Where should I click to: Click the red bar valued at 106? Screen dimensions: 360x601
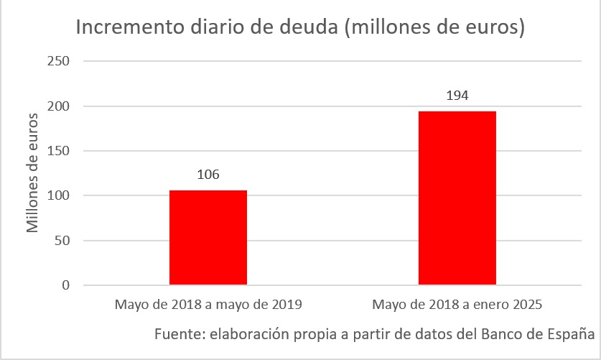click(x=208, y=237)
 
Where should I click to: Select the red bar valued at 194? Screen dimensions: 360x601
click(x=457, y=198)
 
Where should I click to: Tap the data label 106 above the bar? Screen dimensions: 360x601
click(x=208, y=175)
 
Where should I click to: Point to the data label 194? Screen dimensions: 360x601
click(x=457, y=95)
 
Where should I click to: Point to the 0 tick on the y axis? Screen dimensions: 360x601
click(x=65, y=285)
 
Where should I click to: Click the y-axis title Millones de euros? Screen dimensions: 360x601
click(x=32, y=172)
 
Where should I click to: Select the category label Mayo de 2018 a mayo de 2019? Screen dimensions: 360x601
click(x=208, y=305)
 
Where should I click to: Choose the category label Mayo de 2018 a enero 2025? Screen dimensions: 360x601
click(x=457, y=305)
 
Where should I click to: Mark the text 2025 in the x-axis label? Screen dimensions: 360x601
click(x=526, y=305)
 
